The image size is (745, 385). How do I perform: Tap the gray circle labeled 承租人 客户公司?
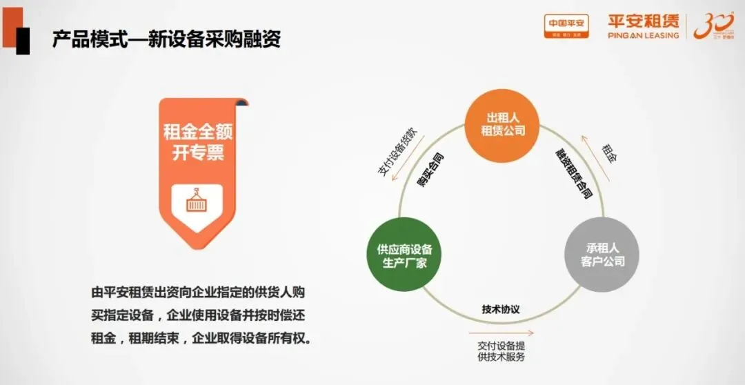coord(600,255)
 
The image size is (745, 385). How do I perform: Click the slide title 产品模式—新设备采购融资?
coord(166,39)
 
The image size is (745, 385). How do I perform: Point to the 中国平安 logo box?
coord(566,26)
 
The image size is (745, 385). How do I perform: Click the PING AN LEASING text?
coord(644,35)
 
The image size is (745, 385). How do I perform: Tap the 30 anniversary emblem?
coord(713,26)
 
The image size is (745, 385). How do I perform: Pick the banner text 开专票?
coord(199,152)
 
